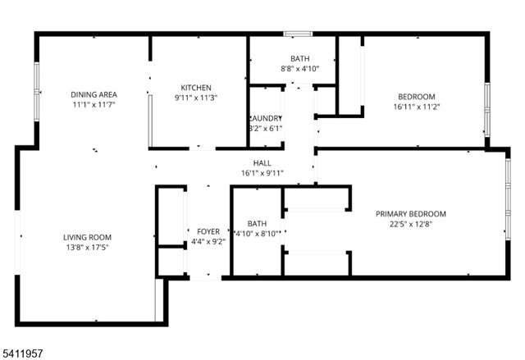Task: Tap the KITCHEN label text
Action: (x=197, y=88)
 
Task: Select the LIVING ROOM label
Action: (x=88, y=238)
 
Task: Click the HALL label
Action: (x=262, y=163)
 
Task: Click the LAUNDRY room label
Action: (x=266, y=118)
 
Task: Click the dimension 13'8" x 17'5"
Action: (x=87, y=248)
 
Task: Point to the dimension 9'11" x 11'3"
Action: (x=197, y=98)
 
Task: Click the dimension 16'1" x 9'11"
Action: (x=262, y=173)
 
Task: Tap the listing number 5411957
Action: (x=24, y=353)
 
